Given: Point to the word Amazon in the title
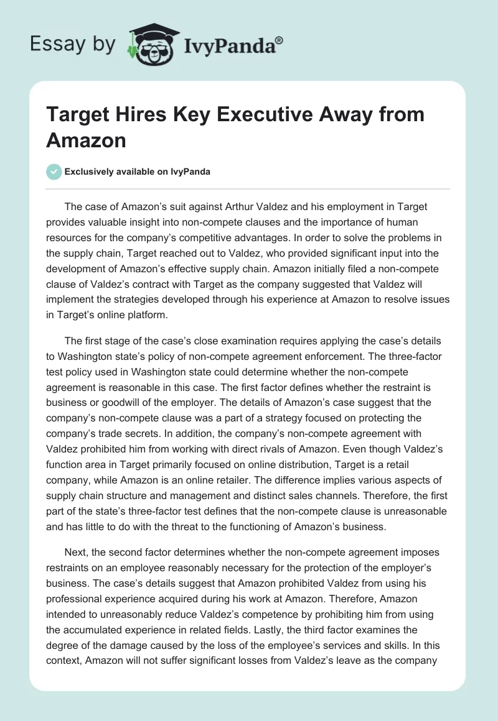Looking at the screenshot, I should pos(86,140).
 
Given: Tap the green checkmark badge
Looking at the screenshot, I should pos(54,172).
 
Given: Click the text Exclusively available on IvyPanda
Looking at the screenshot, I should pos(138,172).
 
